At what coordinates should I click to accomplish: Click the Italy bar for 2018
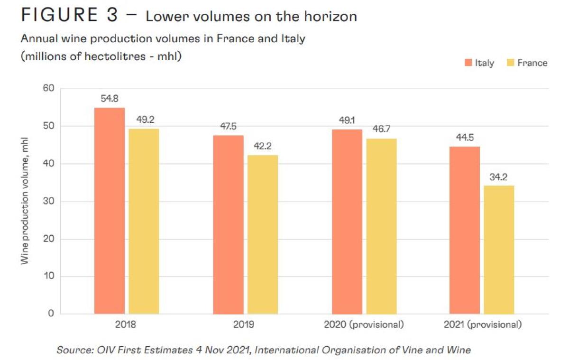(x=109, y=211)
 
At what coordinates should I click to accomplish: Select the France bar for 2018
(x=144, y=221)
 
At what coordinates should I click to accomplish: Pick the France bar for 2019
(x=263, y=234)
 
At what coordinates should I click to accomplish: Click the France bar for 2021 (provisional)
(x=499, y=249)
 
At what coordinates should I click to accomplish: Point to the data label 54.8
(x=109, y=99)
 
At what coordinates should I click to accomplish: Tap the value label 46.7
(x=382, y=129)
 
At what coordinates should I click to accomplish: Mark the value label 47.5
(x=228, y=127)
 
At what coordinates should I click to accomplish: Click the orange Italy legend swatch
(x=468, y=63)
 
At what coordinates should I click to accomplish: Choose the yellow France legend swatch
(x=511, y=63)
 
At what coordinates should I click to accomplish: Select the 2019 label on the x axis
(x=244, y=325)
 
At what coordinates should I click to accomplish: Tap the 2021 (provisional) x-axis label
(x=483, y=325)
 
